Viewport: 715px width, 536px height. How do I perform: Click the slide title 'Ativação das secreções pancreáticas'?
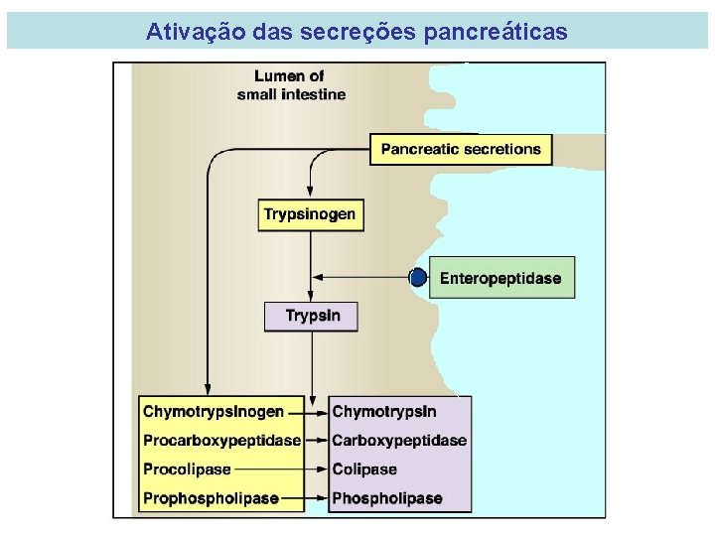[x=357, y=32]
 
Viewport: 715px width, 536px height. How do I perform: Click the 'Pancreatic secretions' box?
[x=461, y=149]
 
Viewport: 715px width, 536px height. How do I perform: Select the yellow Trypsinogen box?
[x=309, y=214]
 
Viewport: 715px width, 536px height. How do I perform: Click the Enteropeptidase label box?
[x=500, y=278]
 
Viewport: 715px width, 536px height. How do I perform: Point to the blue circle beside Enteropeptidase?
[x=419, y=278]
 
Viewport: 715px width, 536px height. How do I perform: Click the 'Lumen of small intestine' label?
[x=290, y=84]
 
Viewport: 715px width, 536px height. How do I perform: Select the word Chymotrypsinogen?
[x=214, y=411]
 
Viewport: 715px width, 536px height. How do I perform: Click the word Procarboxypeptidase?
[x=220, y=440]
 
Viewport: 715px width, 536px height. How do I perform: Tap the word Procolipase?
[x=187, y=469]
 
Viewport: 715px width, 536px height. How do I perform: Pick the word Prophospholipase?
[x=211, y=497]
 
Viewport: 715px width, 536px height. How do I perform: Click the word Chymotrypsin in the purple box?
[x=383, y=411]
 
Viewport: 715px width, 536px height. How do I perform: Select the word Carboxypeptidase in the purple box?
[x=398, y=440]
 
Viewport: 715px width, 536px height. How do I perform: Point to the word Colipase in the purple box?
[x=364, y=469]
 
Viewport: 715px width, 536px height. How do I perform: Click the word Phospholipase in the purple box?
[x=386, y=497]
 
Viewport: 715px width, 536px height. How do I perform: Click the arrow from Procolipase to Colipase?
[x=280, y=469]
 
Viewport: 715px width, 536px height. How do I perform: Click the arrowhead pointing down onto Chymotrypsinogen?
[x=208, y=388]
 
